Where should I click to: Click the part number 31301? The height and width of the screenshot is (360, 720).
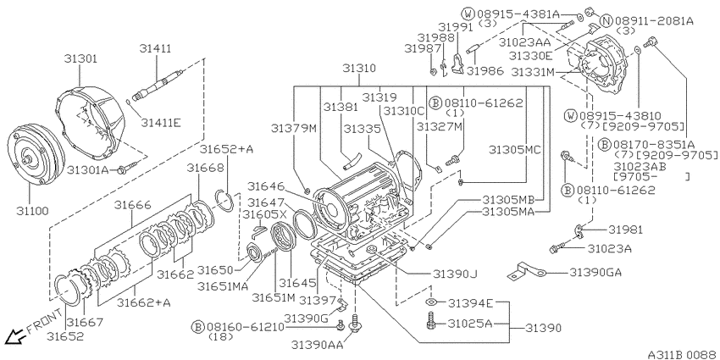point(80,59)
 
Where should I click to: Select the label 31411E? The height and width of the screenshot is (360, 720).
point(161,123)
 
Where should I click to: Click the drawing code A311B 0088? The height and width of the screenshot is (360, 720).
point(683,354)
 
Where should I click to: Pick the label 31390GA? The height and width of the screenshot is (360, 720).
point(595,272)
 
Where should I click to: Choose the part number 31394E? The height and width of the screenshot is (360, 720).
point(471,303)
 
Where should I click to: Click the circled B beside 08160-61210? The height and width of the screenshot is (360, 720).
point(197,327)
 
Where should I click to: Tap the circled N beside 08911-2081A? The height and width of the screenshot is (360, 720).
point(607,20)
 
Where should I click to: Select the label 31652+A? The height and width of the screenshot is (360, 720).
point(226,149)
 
